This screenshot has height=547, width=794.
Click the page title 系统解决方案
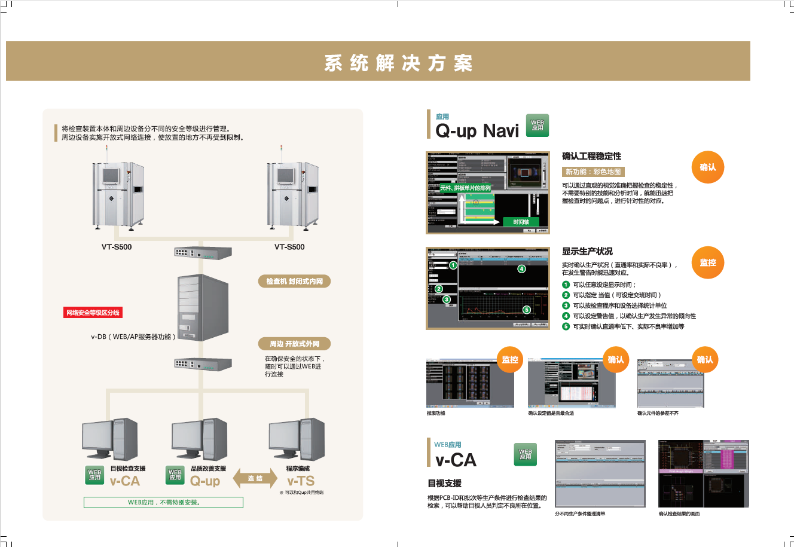point(398,63)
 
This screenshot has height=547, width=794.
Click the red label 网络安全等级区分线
point(93,313)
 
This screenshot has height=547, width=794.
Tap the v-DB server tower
point(203,308)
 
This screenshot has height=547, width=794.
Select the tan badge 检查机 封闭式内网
point(295,281)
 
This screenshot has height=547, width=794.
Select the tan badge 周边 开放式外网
point(295,344)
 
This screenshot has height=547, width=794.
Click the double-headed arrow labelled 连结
point(255,478)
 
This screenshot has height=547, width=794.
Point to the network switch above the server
point(203,253)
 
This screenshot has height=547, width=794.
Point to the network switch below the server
point(203,363)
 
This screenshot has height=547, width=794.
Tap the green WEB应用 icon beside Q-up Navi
point(537,126)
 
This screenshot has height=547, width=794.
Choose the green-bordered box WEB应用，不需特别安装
point(163,502)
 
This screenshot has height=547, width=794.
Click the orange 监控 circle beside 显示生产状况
point(708,262)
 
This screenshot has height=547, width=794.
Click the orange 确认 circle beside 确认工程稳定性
point(708,167)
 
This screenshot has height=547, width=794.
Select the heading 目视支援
point(444,483)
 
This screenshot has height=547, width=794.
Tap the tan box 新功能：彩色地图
point(593,172)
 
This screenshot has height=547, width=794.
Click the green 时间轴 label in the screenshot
point(521,222)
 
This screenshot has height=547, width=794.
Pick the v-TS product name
point(300,481)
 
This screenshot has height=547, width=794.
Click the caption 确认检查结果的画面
point(679,514)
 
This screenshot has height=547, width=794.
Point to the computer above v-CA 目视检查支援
point(109,440)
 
